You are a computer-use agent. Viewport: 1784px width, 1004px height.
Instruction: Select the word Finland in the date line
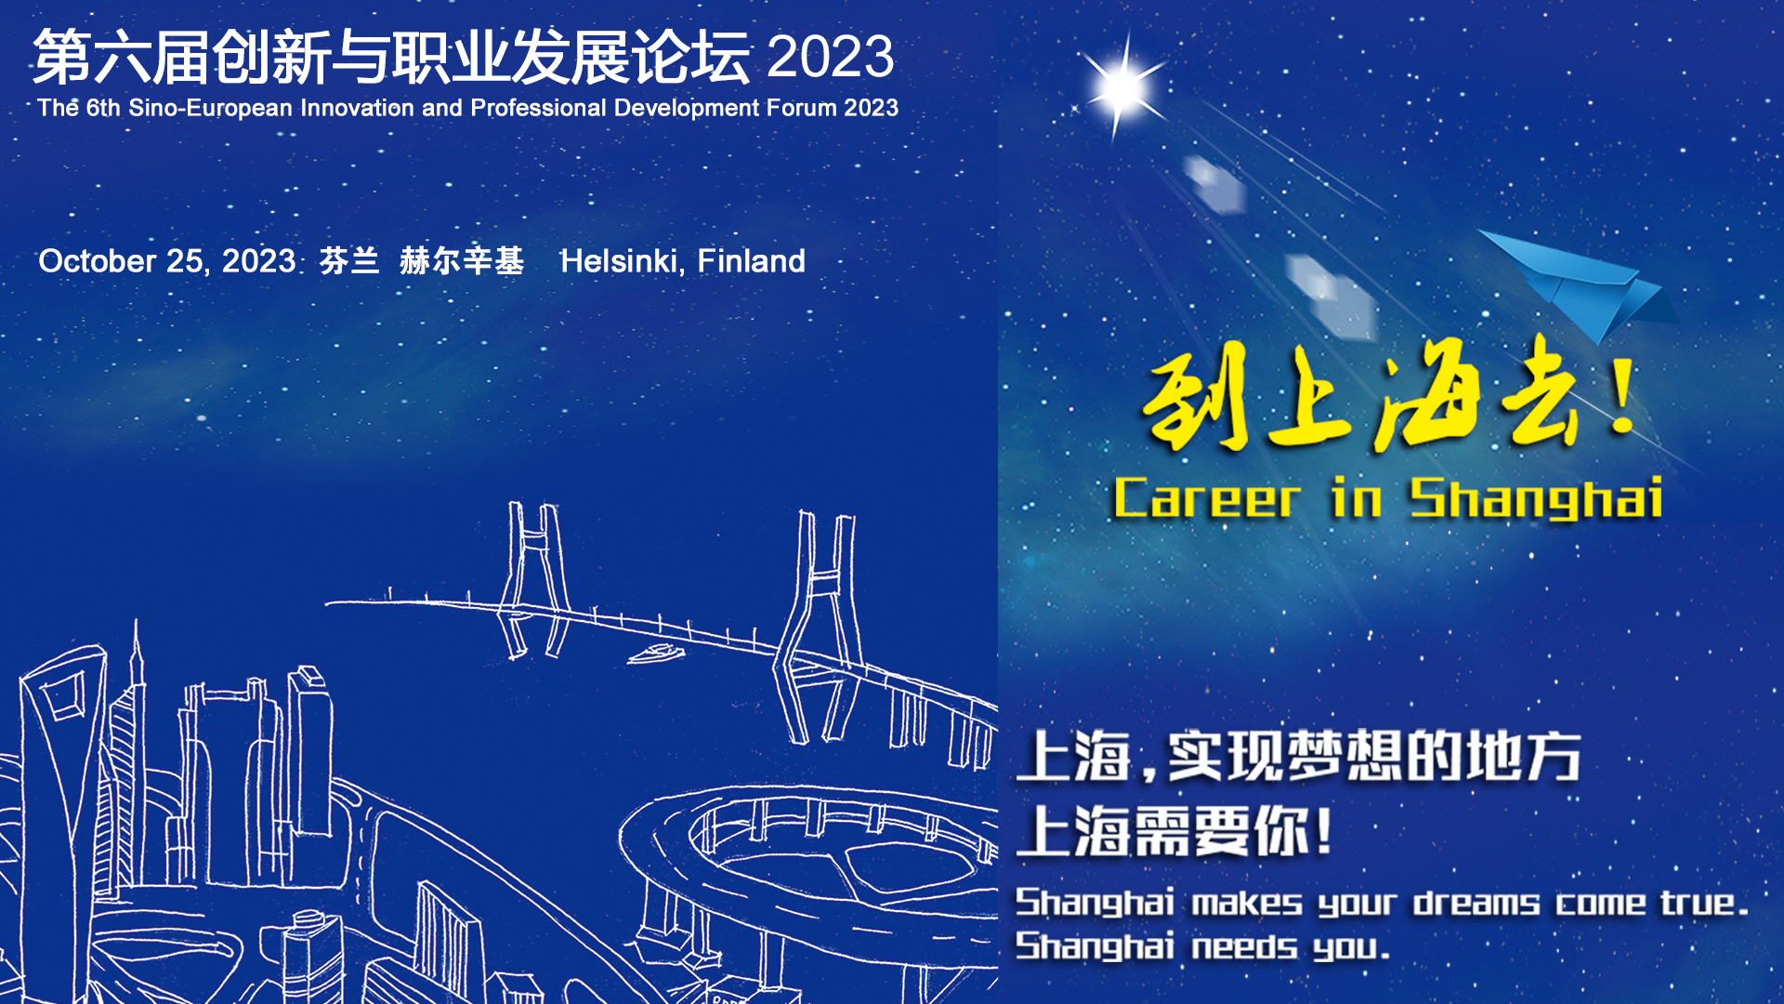pos(751,261)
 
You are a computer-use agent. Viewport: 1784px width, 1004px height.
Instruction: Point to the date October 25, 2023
pos(167,261)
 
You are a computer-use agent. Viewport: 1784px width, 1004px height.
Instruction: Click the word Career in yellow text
pos(1206,498)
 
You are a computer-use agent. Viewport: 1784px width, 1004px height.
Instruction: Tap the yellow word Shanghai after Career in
pos(1536,498)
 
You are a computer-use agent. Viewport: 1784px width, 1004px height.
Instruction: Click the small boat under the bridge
pos(656,654)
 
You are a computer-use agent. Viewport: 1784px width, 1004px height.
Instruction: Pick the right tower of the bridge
pos(818,627)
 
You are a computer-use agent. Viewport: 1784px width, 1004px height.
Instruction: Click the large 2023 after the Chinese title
pos(831,57)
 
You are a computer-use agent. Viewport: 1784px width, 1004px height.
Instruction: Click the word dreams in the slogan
pos(1476,902)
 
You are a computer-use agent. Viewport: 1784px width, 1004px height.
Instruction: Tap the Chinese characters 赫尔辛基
pos(462,261)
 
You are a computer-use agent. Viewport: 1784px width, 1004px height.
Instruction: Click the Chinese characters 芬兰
pos(349,261)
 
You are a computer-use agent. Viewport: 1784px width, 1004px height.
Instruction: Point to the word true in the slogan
pos(1698,902)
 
